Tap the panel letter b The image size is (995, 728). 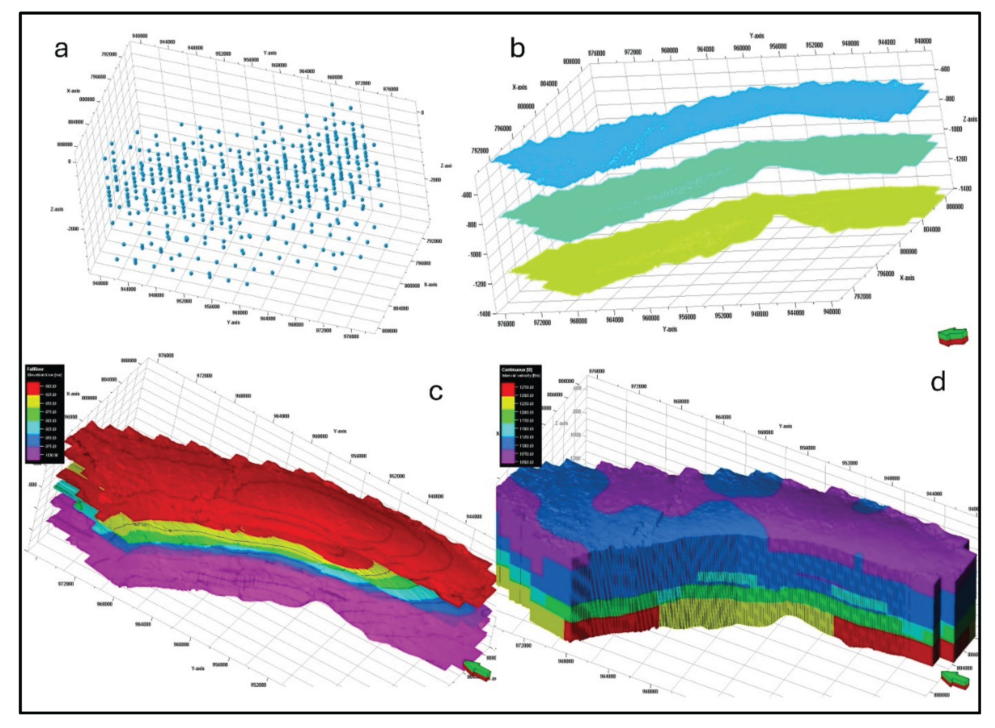click(517, 48)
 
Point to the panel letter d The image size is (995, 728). click(938, 382)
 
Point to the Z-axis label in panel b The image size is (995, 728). click(970, 119)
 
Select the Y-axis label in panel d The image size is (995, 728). click(785, 426)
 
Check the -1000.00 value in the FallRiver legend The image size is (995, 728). click(51, 455)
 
